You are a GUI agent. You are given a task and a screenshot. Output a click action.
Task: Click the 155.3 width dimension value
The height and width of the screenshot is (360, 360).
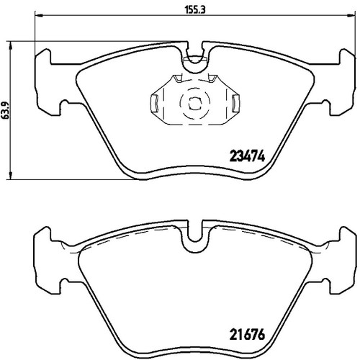(x=192, y=10)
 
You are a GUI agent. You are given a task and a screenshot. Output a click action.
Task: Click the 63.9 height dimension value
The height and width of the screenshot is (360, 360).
(x=5, y=110)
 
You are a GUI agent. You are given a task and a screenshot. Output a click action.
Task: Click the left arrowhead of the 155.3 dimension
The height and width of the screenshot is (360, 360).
(x=38, y=16)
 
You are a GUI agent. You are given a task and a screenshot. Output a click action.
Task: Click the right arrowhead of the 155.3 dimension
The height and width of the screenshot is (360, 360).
(x=351, y=16)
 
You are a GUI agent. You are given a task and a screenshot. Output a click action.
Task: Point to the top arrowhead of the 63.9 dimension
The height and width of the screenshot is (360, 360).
(x=10, y=45)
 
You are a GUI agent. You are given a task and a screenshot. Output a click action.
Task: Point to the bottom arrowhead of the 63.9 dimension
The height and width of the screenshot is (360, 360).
(x=10, y=176)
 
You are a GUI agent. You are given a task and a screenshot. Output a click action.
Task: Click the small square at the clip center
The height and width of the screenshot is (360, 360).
(x=194, y=103)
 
